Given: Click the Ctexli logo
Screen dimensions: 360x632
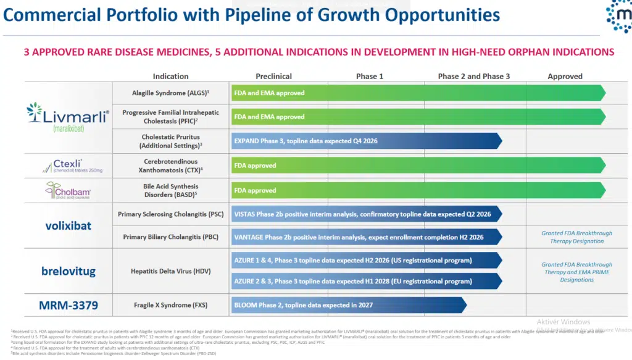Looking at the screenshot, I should click(67, 165).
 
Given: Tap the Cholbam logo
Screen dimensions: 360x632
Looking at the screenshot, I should click(67, 190).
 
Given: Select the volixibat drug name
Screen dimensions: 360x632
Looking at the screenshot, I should click(67, 225).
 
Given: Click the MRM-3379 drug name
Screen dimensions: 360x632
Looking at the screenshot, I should click(67, 304).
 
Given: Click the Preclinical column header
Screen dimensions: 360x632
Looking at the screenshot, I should click(273, 77).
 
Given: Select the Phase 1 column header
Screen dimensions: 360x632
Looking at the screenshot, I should click(370, 77).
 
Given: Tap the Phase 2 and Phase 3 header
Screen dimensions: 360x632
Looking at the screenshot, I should click(474, 77).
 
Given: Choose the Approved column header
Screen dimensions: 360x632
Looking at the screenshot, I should click(565, 77).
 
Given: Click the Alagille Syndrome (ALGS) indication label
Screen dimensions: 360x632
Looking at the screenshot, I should click(170, 93).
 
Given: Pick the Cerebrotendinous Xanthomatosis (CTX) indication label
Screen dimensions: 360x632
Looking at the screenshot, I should click(170, 165).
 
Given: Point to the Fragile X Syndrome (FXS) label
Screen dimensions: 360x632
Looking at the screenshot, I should click(170, 305).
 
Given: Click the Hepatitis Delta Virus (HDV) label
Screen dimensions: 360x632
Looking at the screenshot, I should click(170, 271).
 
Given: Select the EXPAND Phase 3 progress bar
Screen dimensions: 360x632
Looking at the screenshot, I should click(364, 141).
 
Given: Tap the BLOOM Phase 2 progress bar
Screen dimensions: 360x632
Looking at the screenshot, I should click(346, 305).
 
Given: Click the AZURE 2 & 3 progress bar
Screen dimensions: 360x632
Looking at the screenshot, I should click(364, 282).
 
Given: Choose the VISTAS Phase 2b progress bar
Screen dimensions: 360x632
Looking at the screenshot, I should click(364, 214).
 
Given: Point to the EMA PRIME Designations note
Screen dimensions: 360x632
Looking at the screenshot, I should click(578, 272).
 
